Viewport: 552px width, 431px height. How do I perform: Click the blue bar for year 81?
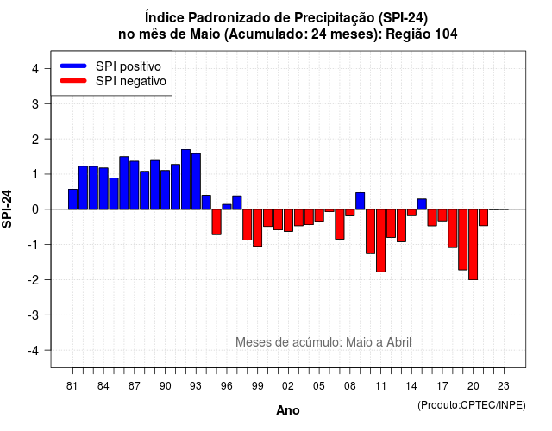72,199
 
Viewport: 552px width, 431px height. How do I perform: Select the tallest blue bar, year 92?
185,179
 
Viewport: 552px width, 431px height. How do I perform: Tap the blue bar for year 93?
196,182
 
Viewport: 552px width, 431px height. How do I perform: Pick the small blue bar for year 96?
227,207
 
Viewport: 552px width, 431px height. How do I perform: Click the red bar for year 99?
257,228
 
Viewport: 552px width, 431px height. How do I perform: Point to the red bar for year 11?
380,240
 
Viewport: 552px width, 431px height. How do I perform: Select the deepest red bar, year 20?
474,245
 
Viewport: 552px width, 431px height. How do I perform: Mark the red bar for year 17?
442,215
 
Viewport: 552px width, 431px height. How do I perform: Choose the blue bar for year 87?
135,185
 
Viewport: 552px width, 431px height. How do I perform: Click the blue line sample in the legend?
73,66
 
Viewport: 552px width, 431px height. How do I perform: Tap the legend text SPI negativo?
131,81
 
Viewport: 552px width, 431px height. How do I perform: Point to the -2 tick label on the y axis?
34,280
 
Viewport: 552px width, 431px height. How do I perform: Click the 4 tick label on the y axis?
35,69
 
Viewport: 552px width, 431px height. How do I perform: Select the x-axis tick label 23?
504,386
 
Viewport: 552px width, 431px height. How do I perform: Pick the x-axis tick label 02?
288,386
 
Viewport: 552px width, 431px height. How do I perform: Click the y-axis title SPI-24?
7,209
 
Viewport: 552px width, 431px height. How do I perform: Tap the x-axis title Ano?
288,410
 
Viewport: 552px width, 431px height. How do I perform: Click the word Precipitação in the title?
335,18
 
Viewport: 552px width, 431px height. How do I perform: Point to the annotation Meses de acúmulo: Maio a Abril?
323,342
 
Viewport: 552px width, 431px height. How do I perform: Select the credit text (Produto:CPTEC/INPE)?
472,405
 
